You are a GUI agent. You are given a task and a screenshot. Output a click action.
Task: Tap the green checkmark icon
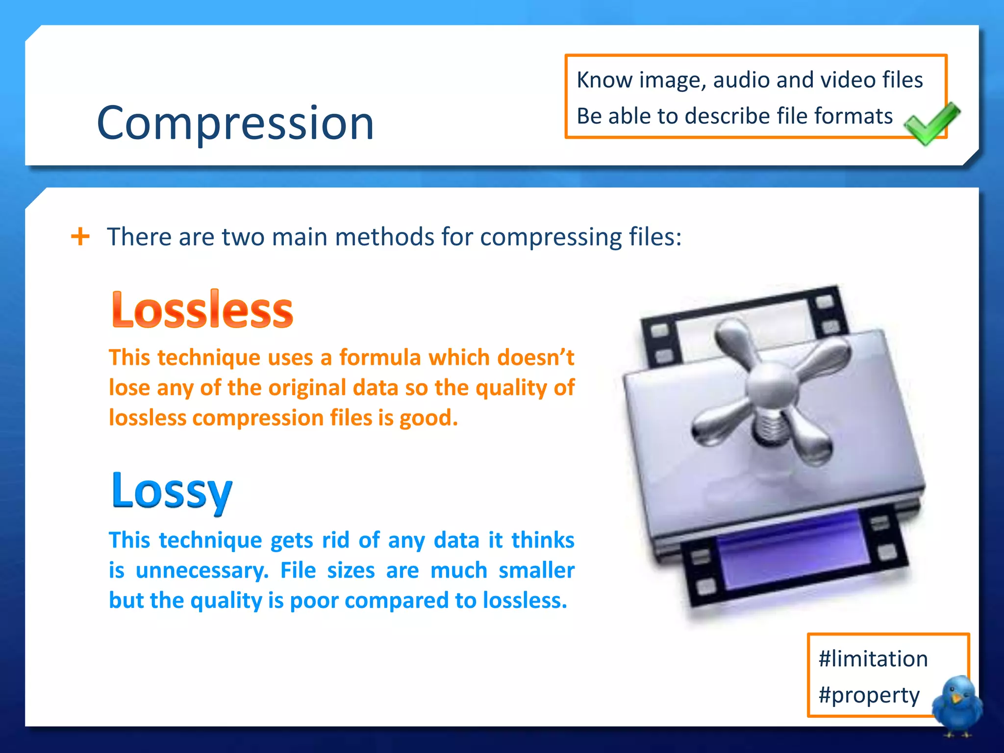pos(930,123)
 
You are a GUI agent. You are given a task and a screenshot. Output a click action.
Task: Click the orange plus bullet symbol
pos(80,236)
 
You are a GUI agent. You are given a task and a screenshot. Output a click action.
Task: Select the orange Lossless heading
pos(202,309)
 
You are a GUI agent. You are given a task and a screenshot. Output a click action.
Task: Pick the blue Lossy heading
pos(172,491)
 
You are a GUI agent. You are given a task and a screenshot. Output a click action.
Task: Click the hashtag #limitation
pos(873,658)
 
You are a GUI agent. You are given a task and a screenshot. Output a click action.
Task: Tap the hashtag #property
pos(869,695)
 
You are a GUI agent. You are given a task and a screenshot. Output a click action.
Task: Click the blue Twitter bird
pos(957,705)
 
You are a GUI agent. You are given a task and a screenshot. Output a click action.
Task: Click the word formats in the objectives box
pos(853,116)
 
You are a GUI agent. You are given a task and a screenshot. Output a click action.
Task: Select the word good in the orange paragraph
pos(427,418)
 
